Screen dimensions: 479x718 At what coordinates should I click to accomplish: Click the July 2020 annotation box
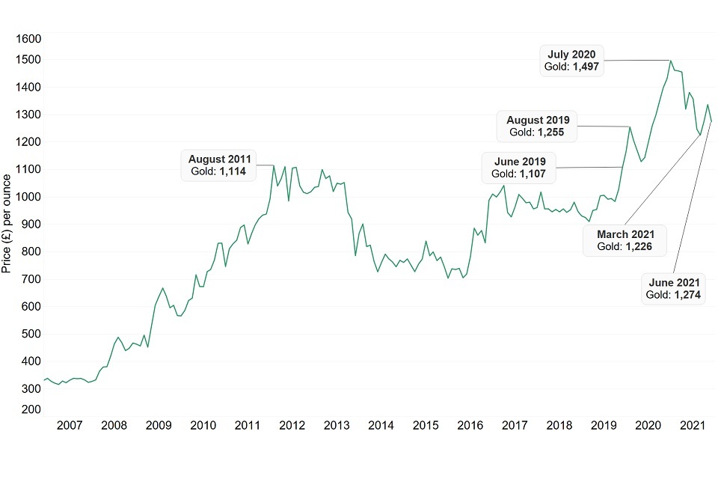pos(572,60)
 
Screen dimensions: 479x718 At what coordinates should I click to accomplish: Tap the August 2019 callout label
pos(538,126)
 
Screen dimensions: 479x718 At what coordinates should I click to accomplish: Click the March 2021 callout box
pos(625,240)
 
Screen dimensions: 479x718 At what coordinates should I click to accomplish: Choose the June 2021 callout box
pos(674,288)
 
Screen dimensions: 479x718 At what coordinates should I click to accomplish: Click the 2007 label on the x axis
pos(70,426)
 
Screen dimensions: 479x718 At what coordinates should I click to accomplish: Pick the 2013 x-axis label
pos(337,426)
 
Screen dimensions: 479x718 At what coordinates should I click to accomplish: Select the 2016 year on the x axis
pos(470,426)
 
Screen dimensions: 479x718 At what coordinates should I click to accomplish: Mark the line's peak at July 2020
pos(670,61)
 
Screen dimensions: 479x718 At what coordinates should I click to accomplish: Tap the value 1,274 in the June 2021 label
pos(686,295)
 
